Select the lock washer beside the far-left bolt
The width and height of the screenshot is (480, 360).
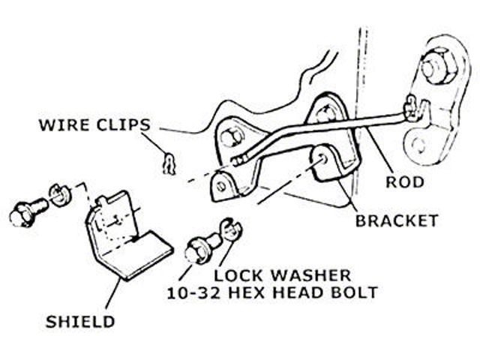coord(58,197)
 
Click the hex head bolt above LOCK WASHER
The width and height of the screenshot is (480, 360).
coord(199,249)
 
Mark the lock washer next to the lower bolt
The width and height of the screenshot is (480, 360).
coord(230,227)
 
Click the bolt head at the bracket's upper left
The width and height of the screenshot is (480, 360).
coord(232,138)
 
